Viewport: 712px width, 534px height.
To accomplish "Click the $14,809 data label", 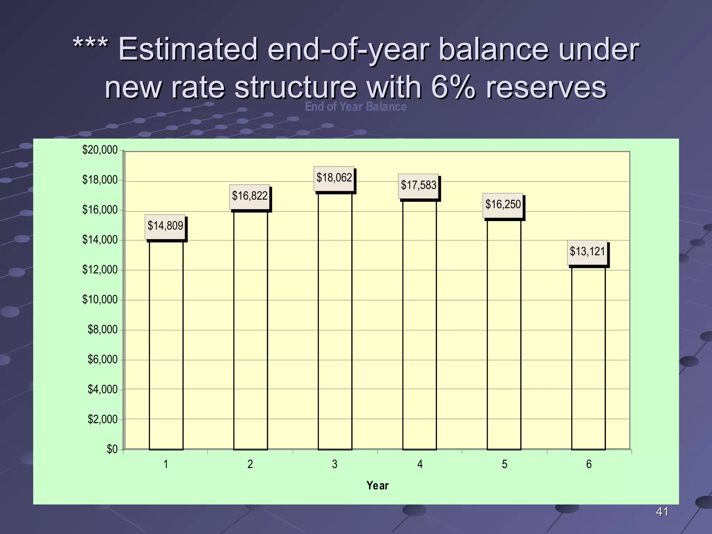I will point(165,226).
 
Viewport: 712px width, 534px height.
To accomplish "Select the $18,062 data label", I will point(334,178).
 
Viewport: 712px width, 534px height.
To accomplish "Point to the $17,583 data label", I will point(418,186).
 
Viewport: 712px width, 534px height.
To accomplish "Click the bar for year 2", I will point(250,330).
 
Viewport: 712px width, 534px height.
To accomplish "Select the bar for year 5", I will point(504,334).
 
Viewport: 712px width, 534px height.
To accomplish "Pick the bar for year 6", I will point(588,358).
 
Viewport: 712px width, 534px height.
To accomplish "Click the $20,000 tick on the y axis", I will point(100,150).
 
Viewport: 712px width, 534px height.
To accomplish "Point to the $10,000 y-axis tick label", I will point(100,300).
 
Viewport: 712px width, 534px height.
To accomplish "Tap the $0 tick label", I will point(112,450).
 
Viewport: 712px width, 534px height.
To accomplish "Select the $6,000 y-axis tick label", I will point(103,359).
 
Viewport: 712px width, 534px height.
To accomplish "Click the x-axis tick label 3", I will point(334,464).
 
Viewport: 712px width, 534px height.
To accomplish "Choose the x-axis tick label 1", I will point(166,464).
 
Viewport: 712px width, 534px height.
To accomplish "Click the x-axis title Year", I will point(377,486).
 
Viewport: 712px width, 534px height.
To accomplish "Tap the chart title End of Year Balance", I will point(356,107).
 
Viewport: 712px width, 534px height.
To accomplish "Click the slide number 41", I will point(662,512).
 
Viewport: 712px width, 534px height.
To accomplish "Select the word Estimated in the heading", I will point(188,49).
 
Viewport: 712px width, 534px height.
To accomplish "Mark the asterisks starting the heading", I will point(90,45).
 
